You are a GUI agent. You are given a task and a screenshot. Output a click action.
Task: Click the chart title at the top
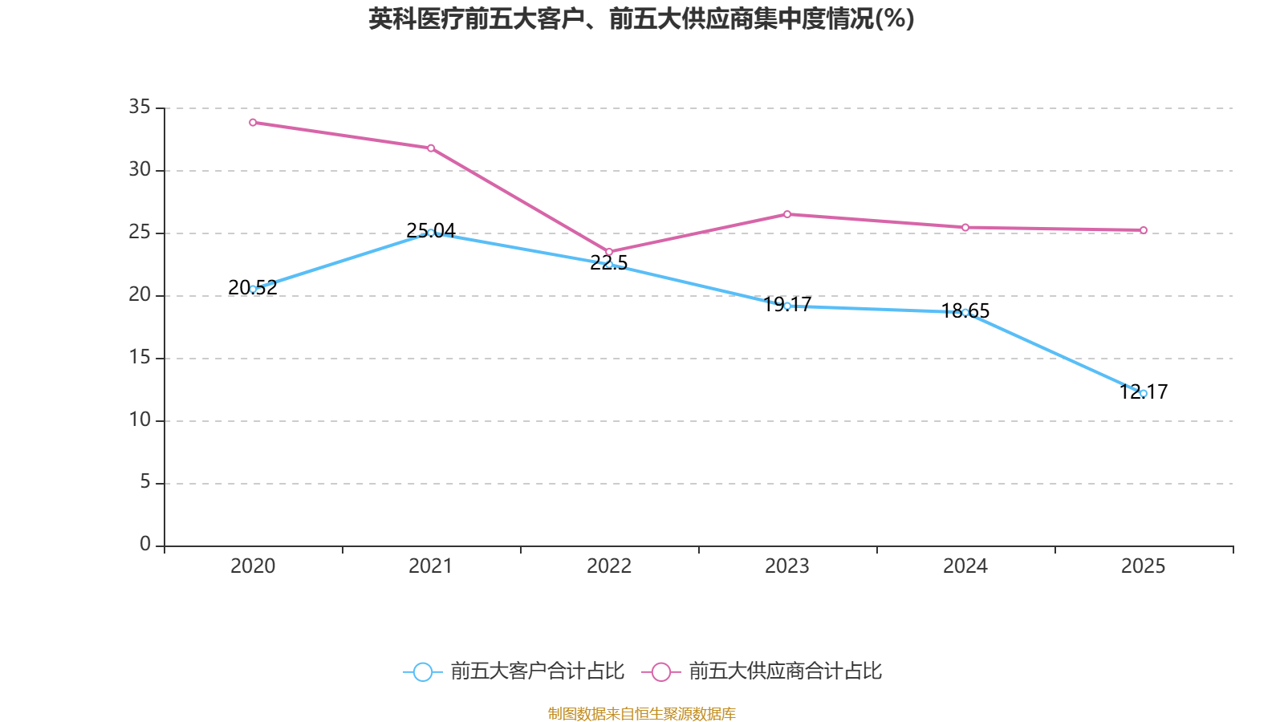click(641, 18)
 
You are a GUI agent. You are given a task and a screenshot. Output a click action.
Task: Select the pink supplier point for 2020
click(253, 123)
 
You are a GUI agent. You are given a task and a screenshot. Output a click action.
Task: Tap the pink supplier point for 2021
click(431, 148)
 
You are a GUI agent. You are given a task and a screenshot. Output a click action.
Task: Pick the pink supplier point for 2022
click(609, 252)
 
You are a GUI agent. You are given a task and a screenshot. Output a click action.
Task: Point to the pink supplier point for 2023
click(787, 214)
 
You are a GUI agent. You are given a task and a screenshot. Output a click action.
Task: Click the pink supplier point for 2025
click(1144, 230)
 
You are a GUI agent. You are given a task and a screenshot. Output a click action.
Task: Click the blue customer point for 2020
click(253, 289)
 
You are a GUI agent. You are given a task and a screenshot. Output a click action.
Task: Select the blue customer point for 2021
click(431, 233)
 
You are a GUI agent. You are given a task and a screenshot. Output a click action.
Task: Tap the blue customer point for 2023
click(787, 306)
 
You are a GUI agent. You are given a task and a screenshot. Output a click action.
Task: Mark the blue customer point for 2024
click(965, 312)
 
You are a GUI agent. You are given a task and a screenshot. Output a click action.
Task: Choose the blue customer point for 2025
click(1144, 393)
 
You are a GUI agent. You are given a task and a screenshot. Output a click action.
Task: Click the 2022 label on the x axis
click(609, 566)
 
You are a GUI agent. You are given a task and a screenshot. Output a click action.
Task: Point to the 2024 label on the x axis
click(965, 566)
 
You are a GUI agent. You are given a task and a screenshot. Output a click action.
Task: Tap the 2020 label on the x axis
click(253, 566)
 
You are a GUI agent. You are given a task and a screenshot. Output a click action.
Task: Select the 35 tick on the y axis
click(140, 107)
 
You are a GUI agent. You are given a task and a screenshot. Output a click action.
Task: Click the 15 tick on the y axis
click(140, 357)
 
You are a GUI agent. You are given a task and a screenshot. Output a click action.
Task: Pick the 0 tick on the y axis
click(144, 545)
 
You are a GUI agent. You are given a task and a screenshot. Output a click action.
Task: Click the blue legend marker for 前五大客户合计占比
click(423, 671)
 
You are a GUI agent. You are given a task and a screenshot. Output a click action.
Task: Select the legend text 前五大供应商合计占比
click(785, 671)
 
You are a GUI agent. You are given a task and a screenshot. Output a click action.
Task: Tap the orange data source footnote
click(641, 713)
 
